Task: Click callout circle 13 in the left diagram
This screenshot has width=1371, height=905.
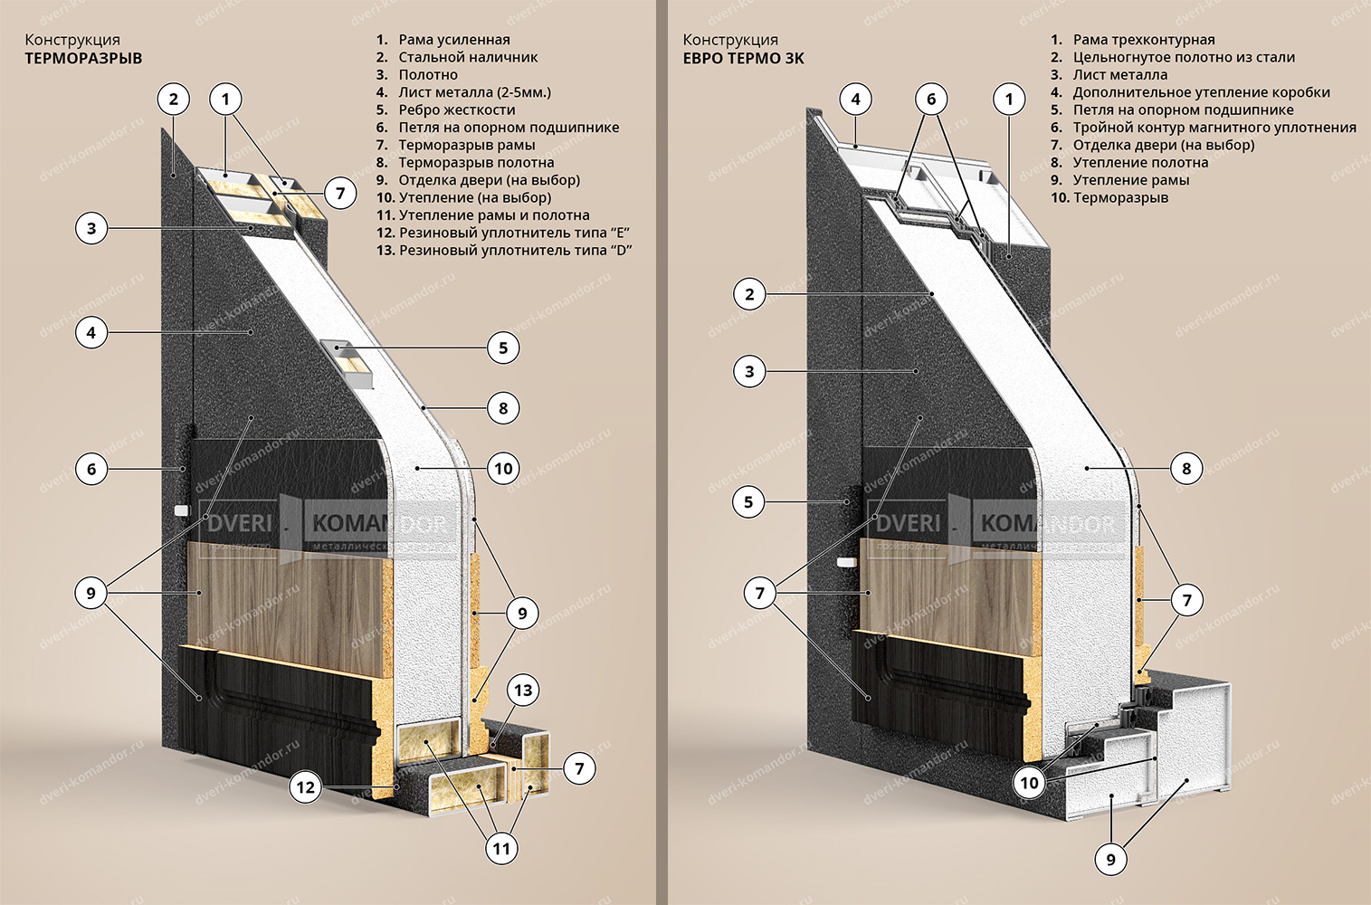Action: pos(523,691)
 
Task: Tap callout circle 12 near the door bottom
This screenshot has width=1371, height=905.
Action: pos(306,787)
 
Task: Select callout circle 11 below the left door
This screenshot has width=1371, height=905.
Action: pos(501,849)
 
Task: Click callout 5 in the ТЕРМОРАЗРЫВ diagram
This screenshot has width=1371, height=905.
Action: pos(503,348)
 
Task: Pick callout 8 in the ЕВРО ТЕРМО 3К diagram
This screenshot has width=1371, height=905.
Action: pos(1186,468)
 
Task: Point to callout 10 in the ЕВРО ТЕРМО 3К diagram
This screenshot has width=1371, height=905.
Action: pos(1030,783)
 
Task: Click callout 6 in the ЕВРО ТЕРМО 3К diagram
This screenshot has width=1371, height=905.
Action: pos(931,99)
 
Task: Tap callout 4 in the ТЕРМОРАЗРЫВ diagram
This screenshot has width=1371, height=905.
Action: pos(90,332)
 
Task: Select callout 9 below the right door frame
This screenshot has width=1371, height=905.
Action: pos(1111,859)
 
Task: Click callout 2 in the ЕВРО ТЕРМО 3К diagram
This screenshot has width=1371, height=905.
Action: pos(749,293)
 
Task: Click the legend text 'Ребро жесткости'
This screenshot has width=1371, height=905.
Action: pos(456,110)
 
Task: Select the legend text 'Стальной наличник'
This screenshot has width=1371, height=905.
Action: pos(467,57)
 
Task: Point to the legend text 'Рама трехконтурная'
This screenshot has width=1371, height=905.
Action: pos(1143,40)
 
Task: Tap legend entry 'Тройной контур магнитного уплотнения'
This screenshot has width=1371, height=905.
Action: pos(1214,128)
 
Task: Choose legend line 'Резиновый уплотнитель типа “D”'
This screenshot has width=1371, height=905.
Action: pos(514,251)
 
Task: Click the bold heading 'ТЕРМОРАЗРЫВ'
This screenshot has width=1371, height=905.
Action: pos(83,58)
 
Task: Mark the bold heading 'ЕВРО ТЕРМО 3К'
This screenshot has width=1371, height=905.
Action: pos(743,58)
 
